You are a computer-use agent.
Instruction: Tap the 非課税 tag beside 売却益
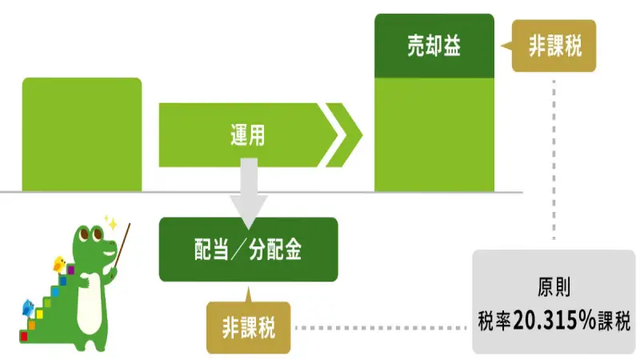(555, 46)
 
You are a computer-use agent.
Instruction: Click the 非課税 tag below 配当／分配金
(249, 327)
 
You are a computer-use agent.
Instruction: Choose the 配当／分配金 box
(248, 250)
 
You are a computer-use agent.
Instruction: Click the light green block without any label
(82, 134)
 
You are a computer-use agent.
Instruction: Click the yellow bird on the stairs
(59, 264)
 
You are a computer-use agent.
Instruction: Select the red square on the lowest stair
(23, 335)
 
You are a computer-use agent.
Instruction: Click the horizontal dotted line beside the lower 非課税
(381, 327)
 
